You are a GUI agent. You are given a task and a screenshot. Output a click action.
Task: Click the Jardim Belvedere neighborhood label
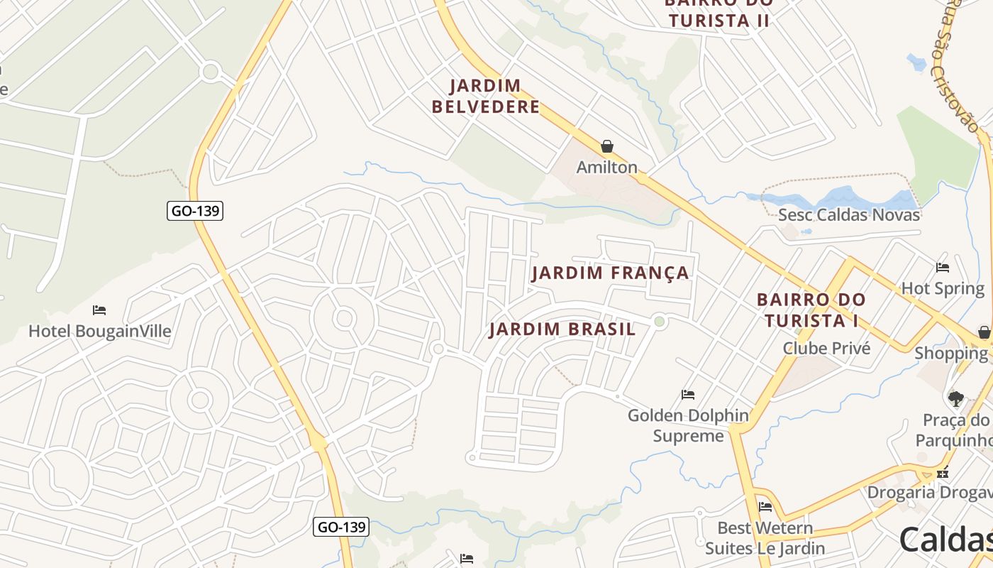(486, 97)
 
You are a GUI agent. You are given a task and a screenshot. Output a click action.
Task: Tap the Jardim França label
(610, 273)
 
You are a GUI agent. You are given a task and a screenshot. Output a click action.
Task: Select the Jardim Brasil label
(562, 329)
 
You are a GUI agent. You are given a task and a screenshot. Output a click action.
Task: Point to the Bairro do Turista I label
(811, 310)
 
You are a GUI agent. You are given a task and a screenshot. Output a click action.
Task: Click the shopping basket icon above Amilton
(606, 147)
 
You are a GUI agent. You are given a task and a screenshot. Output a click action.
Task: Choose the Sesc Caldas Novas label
(849, 214)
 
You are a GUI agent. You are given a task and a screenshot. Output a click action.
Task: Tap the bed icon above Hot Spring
(942, 268)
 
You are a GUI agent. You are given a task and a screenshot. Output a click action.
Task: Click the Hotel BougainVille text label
(100, 332)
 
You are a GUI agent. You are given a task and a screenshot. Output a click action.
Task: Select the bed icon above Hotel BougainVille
(99, 310)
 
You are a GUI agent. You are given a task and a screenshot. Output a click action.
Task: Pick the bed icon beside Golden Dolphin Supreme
(687, 395)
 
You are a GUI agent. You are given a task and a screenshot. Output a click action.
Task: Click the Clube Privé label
(826, 349)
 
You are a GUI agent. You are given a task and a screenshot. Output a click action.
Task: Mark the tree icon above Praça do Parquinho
(956, 398)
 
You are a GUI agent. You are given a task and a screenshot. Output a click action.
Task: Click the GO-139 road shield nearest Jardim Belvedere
(195, 211)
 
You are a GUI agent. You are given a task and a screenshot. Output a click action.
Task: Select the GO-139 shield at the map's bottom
(341, 527)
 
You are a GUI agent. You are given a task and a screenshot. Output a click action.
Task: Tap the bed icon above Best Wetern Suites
(765, 507)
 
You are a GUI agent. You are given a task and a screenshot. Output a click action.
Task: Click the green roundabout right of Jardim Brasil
(660, 322)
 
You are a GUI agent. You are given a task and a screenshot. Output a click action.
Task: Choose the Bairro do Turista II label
(718, 14)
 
